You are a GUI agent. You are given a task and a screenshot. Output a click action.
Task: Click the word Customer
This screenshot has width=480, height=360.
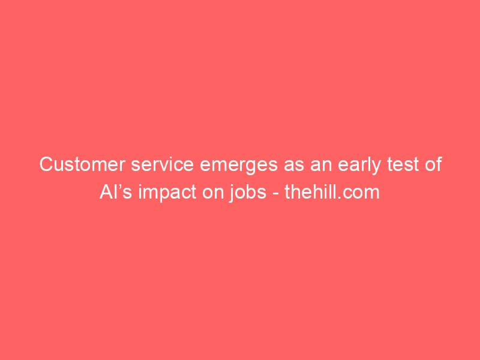coord(82,164)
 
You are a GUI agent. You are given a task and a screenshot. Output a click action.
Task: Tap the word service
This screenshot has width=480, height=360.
coord(162,164)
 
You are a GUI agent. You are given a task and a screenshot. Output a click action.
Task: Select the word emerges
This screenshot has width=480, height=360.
coord(239,166)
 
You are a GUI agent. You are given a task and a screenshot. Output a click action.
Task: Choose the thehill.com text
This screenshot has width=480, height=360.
coord(332,192)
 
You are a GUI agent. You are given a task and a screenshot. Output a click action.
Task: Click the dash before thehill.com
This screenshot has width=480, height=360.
coord(275,194)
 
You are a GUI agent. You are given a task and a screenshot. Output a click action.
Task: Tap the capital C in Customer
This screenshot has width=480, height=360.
coord(47,164)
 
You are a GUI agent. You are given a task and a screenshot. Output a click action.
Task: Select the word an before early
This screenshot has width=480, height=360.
coord(321,166)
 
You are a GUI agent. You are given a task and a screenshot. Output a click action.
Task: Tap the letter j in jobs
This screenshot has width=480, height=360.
coord(232,194)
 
